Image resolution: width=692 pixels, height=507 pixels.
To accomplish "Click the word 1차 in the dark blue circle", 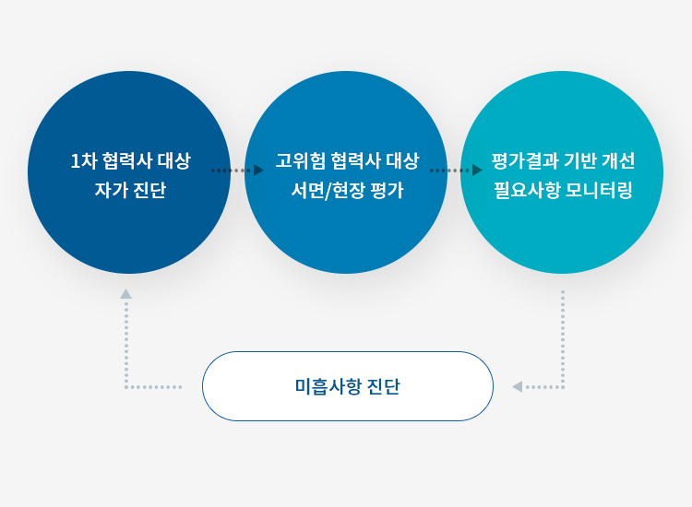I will coord(83,160).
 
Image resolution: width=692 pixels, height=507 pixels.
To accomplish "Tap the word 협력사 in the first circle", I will coord(125,160).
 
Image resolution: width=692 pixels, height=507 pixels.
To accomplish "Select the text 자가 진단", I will coord(129,191).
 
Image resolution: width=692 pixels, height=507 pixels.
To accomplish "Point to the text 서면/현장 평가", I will coord(347,191).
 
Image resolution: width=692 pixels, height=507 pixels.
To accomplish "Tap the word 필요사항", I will coord(525,191).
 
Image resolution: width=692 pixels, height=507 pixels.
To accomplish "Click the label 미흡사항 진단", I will coord(347,386).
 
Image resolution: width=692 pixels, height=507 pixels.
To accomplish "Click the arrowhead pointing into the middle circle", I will coord(258,171).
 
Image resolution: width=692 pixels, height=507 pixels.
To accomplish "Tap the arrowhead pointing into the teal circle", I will coord(477,171).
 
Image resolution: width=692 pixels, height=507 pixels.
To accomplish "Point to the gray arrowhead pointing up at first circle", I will coord(125,294).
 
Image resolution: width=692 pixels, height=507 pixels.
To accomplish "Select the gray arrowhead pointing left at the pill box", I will coord(518,387).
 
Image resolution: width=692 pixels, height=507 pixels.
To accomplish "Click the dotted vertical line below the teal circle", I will coord(562,336).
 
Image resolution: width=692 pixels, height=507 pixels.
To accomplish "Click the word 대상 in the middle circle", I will coord(402,160).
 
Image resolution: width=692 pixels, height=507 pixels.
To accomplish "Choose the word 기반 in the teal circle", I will coord(579,160).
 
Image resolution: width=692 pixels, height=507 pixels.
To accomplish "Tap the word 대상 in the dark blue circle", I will coord(173,160).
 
